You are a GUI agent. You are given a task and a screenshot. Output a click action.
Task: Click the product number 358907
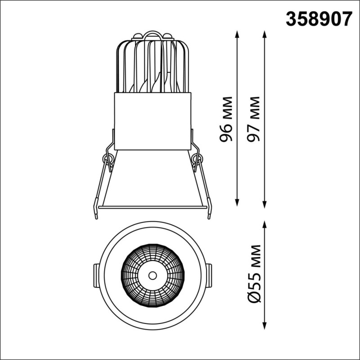[x=319, y=19]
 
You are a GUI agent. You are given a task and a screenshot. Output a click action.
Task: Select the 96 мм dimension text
[x=226, y=119]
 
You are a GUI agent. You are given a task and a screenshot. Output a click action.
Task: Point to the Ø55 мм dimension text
[x=254, y=274]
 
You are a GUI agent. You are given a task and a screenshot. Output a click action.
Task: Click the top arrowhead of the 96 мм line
[x=237, y=34]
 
